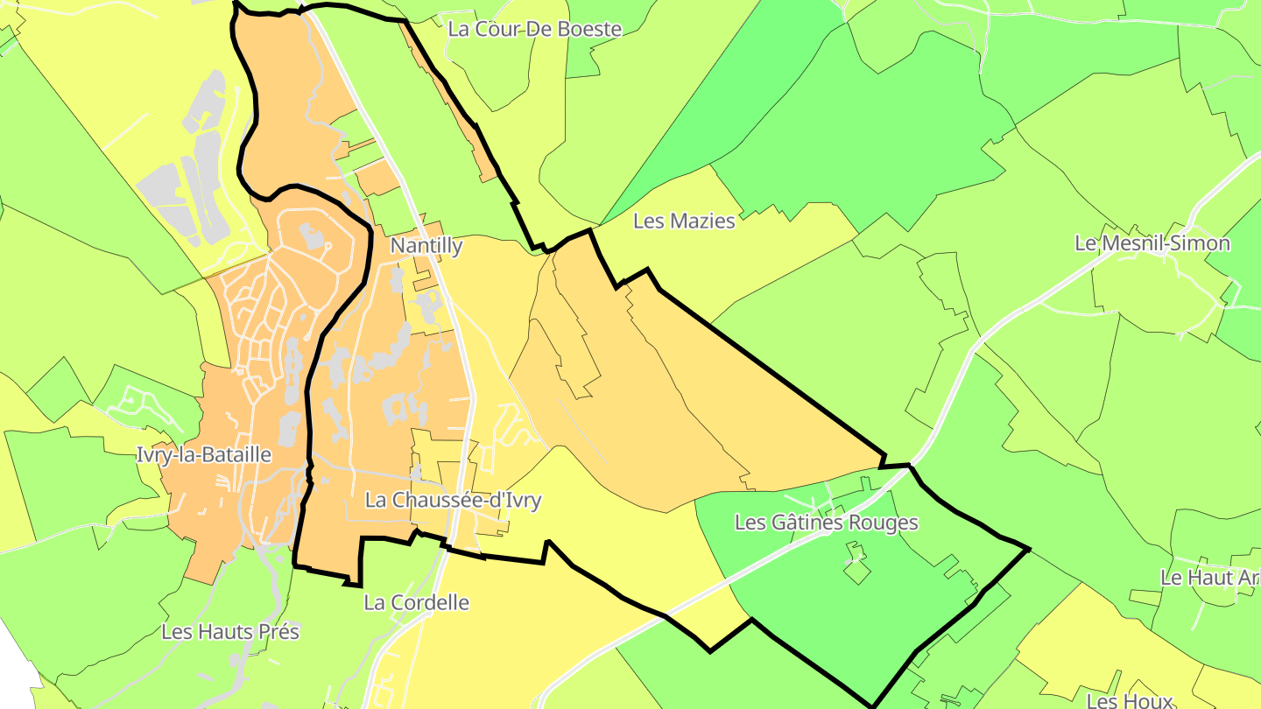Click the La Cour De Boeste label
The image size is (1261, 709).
coord(534,29)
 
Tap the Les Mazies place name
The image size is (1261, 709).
coord(684,221)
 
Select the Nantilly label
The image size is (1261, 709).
coord(426,246)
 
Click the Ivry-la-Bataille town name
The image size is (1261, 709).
coord(204,455)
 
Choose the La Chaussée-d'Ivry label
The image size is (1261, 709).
coord(453,501)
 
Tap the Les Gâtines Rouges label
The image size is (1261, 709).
coord(826,523)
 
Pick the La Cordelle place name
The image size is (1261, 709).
coord(416,602)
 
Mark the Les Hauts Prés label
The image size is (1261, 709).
coord(230,632)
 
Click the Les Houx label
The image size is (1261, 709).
coord(1129,700)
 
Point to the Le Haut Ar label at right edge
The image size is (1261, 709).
coord(1209,578)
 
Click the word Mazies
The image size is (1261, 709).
coord(701,221)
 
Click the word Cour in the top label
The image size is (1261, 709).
coord(496,29)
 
